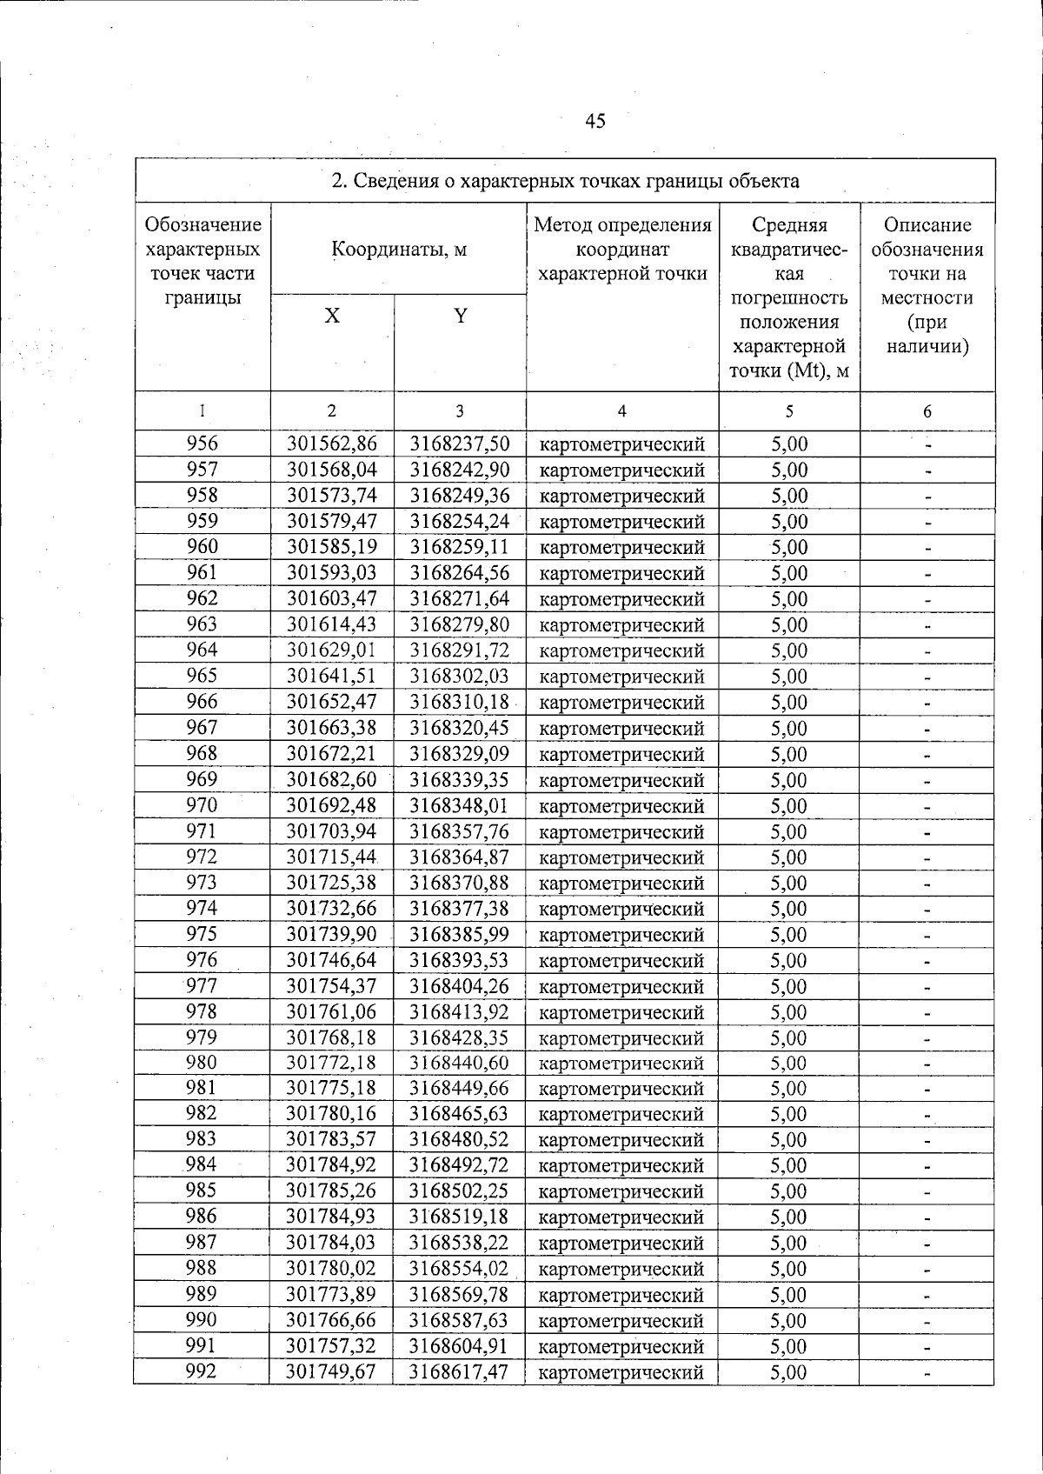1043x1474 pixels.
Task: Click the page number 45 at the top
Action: (595, 121)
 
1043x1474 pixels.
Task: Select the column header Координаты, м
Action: (399, 250)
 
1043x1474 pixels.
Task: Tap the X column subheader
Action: (332, 316)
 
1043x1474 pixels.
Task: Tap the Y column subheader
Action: (460, 316)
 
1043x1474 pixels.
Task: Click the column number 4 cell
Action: (621, 411)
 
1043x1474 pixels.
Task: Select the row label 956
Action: (203, 444)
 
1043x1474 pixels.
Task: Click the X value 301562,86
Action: (332, 444)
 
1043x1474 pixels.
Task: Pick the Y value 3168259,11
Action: (460, 547)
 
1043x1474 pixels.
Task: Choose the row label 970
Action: (203, 805)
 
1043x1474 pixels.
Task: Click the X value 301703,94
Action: (332, 831)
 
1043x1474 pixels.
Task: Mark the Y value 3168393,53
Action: (460, 960)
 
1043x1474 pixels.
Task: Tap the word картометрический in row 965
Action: (621, 677)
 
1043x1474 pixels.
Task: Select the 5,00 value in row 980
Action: (789, 1064)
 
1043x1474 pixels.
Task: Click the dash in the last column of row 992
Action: (927, 1374)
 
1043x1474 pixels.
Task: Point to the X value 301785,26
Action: (332, 1191)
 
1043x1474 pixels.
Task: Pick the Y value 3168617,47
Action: (460, 1372)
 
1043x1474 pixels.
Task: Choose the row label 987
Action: (203, 1243)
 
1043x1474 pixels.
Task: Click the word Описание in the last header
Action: (927, 226)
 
